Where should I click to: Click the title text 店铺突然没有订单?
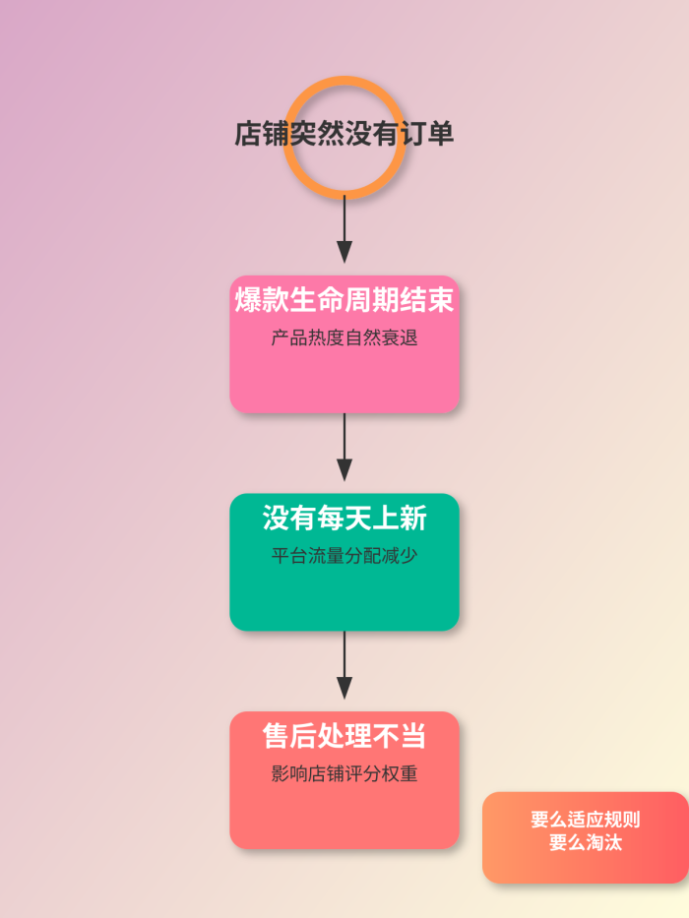point(344,134)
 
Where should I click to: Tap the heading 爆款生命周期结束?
point(344,300)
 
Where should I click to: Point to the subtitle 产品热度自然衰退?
point(344,337)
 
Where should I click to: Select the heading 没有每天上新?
point(344,518)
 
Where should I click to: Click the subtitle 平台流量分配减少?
point(344,555)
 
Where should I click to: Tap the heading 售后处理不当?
point(344,736)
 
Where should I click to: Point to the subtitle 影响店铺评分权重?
point(344,773)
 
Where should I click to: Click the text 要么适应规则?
point(586,820)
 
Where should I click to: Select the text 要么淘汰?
point(586,843)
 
